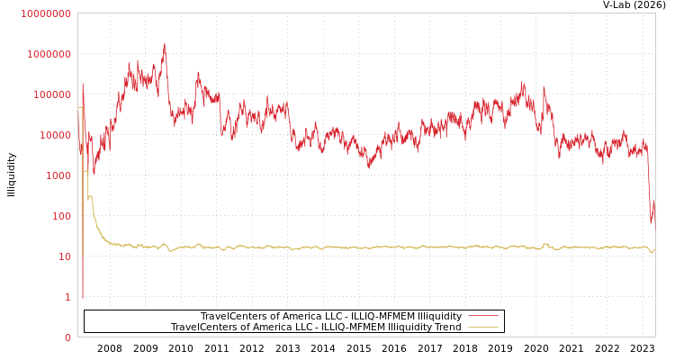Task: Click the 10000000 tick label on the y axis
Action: pos(46,13)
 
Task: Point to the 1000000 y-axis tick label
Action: pos(49,54)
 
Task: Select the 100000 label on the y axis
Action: pos(51,94)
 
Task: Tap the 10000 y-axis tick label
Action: pos(54,135)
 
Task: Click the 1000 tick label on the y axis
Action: pos(57,175)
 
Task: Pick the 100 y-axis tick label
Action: pos(60,216)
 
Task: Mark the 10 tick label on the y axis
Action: pos(65,256)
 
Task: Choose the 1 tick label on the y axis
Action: pos(67,297)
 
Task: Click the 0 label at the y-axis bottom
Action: pos(67,337)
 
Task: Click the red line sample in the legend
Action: pos(483,317)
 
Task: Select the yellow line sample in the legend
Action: pos(483,328)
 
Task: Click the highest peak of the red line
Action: pos(164,44)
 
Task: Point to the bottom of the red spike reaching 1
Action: pos(83,297)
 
